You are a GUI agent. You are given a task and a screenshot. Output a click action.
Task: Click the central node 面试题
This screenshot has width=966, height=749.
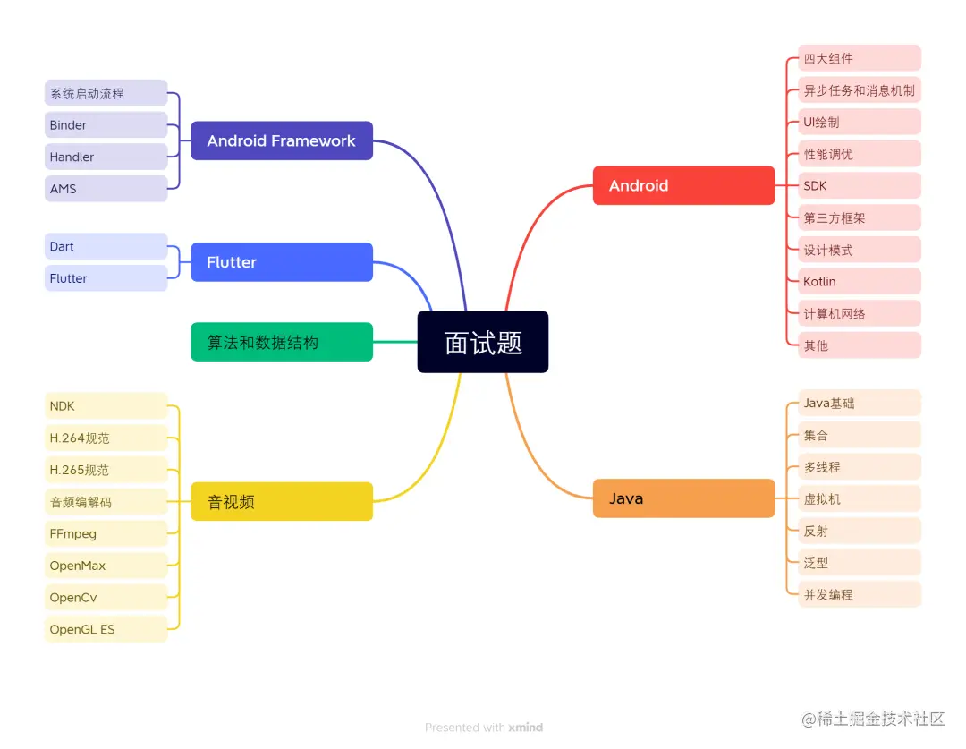pos(483,342)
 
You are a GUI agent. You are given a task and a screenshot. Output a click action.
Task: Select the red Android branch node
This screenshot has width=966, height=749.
pos(683,185)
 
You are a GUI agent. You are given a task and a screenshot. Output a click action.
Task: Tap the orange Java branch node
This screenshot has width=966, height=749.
pos(683,498)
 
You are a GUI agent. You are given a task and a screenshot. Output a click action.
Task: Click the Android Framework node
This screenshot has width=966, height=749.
pos(282,140)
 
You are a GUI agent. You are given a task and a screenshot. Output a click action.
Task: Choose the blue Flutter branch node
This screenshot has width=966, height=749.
pos(282,262)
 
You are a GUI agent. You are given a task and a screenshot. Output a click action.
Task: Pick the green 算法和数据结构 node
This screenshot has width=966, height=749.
pos(282,342)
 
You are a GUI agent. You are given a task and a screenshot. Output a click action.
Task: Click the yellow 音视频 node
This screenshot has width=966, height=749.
pos(282,501)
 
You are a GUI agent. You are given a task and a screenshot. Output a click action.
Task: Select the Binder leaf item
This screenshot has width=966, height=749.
pos(106,125)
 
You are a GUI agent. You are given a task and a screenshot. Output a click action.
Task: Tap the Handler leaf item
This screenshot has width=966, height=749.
pos(106,157)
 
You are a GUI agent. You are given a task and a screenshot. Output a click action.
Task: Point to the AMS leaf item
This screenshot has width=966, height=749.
pos(106,189)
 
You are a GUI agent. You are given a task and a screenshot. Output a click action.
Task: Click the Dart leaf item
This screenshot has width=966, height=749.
pos(106,246)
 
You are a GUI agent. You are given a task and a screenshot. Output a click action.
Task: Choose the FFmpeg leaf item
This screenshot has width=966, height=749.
pos(106,533)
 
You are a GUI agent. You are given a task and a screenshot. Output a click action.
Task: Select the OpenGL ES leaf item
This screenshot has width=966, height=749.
pos(106,629)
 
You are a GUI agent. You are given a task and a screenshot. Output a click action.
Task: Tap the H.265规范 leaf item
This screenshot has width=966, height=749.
pos(106,470)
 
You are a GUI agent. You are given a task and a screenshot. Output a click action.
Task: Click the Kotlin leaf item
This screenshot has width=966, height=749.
pos(859,281)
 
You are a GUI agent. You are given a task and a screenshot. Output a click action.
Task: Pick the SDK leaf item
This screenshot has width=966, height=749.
pos(859,185)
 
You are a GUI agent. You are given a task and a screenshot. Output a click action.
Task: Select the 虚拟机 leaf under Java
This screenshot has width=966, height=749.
pos(859,498)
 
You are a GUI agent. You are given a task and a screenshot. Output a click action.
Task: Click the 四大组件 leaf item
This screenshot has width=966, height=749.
pos(859,59)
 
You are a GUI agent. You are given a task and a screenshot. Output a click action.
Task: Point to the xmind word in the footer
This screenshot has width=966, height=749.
pos(526,728)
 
